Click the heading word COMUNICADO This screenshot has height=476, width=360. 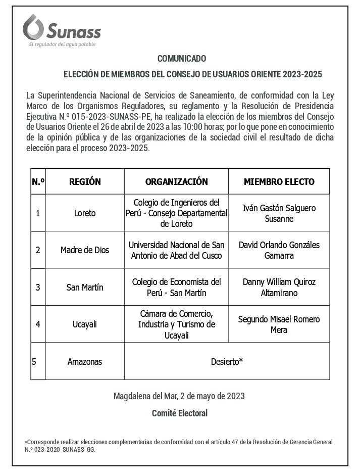coord(181,59)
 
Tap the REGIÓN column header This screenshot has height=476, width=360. coord(85,182)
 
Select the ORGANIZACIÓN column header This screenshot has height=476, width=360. coord(176,182)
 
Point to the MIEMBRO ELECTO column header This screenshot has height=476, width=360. coord(279,182)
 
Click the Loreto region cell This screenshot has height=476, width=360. coord(85,213)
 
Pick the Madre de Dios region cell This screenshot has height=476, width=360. coord(85,250)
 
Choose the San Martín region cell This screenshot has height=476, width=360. coord(85,288)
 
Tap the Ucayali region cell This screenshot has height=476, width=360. coord(85,324)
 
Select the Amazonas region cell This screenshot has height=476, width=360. coord(85,362)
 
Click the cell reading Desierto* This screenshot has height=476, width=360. coord(227,362)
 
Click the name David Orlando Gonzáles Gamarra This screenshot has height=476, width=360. coord(279,250)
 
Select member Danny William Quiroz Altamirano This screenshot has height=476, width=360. coord(279,288)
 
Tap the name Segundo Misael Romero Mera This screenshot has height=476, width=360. coord(279,324)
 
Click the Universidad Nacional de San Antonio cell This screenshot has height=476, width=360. coord(176,250)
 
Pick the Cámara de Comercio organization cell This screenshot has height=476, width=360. coord(176,324)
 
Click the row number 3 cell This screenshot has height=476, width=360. coord(38,288)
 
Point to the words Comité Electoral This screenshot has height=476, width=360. coord(180,413)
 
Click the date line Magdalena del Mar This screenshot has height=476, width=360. coord(179,396)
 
